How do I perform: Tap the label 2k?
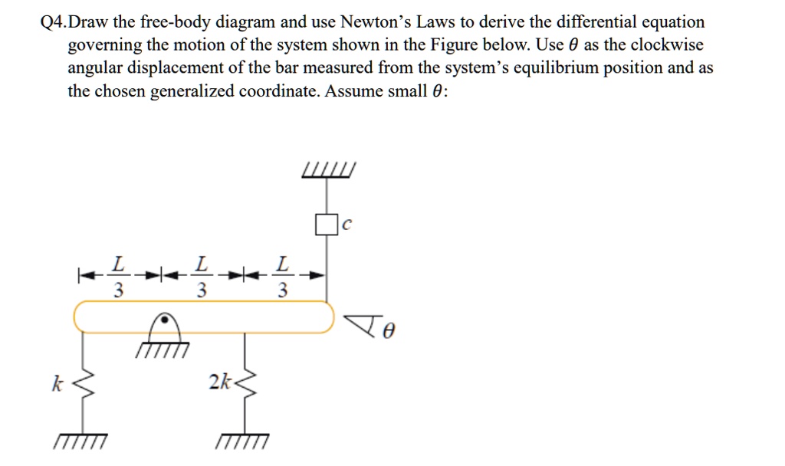click(x=217, y=381)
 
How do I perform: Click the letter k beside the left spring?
click(x=55, y=383)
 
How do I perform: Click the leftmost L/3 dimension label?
click(x=117, y=277)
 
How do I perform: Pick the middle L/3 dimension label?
click(x=200, y=277)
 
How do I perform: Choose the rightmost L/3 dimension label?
click(x=283, y=277)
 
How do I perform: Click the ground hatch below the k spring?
click(x=80, y=442)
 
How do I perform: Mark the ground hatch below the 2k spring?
click(x=242, y=442)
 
